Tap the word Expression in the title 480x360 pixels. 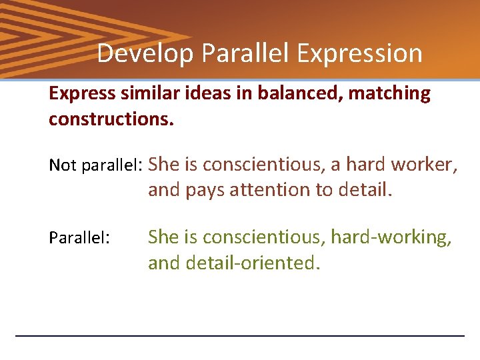pos(359,53)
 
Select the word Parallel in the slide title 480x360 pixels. pos(244,53)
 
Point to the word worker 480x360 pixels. pos(424,165)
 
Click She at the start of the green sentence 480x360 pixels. pos(163,237)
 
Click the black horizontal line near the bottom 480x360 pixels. pos(240,335)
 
